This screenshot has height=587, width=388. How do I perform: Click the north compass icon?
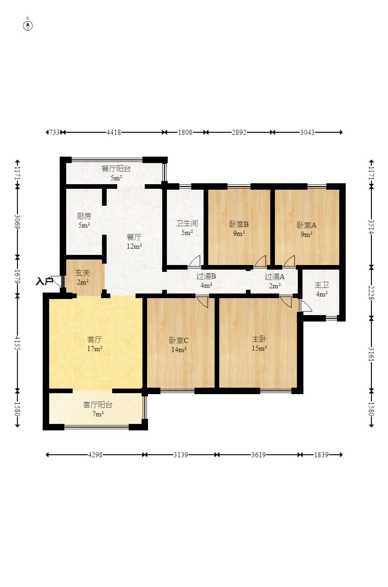pos(28,26)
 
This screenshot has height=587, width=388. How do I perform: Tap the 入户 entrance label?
pos(45,281)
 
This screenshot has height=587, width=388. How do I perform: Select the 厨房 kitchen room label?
pos(84,216)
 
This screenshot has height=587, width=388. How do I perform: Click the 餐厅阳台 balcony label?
pos(116,169)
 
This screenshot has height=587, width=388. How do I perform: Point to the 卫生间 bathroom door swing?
pos(194,261)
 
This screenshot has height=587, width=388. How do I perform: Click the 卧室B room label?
pos(239,224)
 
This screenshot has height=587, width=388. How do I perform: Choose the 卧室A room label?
pos(307,225)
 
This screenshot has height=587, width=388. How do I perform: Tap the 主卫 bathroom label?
pos(322,285)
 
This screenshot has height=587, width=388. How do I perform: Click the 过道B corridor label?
pos(206,276)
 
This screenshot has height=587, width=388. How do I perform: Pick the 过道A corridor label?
pos(274,277)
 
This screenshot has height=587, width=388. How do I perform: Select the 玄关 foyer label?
pos(83,273)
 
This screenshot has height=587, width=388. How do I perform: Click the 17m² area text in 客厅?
pos(95,349)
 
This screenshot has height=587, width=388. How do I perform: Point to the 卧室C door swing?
pos(202,302)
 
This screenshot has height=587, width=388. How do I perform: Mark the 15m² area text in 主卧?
pos(259,348)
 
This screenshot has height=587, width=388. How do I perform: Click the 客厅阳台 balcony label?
pos(97,405)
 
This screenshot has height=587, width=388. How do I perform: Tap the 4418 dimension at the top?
pos(114,132)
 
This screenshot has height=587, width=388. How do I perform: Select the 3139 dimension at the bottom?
pos(181,455)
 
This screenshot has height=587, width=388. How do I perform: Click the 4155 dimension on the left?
pos(17,343)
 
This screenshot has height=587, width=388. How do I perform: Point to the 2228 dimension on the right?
pos(371,293)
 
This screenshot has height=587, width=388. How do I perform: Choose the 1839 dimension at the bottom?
pos(321,455)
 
